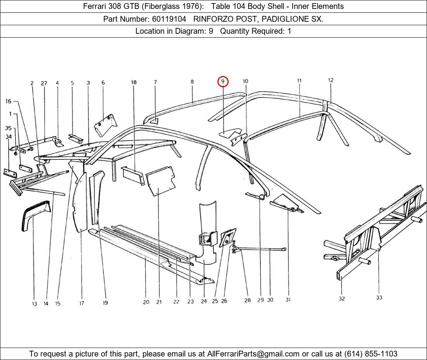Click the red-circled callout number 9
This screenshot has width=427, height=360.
223,81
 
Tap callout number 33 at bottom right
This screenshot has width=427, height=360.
379,298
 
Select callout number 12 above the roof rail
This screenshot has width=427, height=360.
331,80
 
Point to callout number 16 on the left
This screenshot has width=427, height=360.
9,101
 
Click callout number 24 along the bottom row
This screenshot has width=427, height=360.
204,301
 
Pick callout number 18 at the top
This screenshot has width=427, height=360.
134,82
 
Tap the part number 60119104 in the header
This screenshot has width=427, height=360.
169,19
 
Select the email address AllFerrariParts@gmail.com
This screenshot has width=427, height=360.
253,354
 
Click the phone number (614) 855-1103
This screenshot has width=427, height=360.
371,354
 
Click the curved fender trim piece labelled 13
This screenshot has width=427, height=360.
35,215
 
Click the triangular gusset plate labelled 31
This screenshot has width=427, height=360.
286,203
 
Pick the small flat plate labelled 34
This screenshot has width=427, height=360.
10,173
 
